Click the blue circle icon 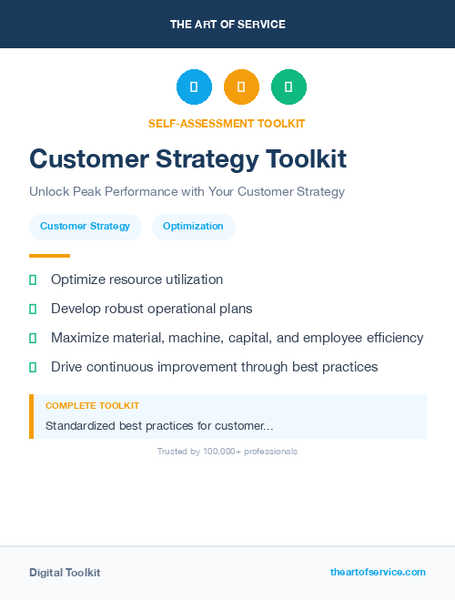(x=194, y=87)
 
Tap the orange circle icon (x=241, y=87)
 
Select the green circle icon (x=288, y=87)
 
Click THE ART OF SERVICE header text (x=227, y=25)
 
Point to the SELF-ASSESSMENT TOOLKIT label (x=227, y=123)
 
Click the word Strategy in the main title (x=215, y=158)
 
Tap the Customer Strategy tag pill (x=85, y=226)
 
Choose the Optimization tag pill (x=193, y=226)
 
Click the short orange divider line (x=49, y=256)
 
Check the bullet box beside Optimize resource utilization (x=33, y=280)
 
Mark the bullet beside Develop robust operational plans (x=33, y=309)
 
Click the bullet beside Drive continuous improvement (x=33, y=367)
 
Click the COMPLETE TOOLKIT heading (x=92, y=405)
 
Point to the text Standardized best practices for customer (x=159, y=425)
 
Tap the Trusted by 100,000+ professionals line (x=227, y=452)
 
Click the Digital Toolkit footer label (x=65, y=573)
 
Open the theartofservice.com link (x=378, y=572)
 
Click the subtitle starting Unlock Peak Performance (x=187, y=192)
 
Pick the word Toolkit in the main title (x=306, y=158)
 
